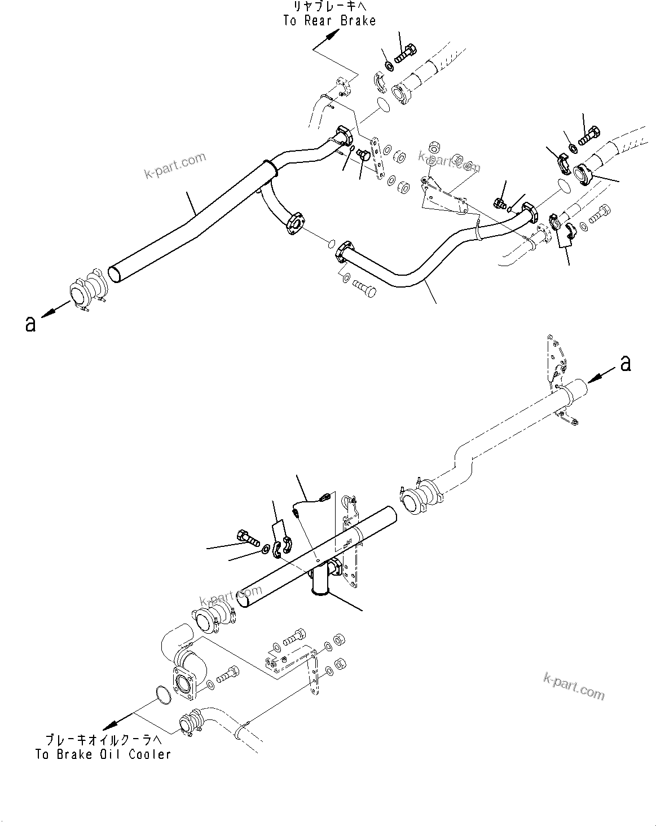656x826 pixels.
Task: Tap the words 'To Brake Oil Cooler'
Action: pos(103,754)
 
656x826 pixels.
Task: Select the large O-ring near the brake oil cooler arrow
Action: pos(162,695)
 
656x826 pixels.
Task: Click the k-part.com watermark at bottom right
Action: pos(574,686)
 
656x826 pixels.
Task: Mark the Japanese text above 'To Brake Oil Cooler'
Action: pos(103,740)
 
